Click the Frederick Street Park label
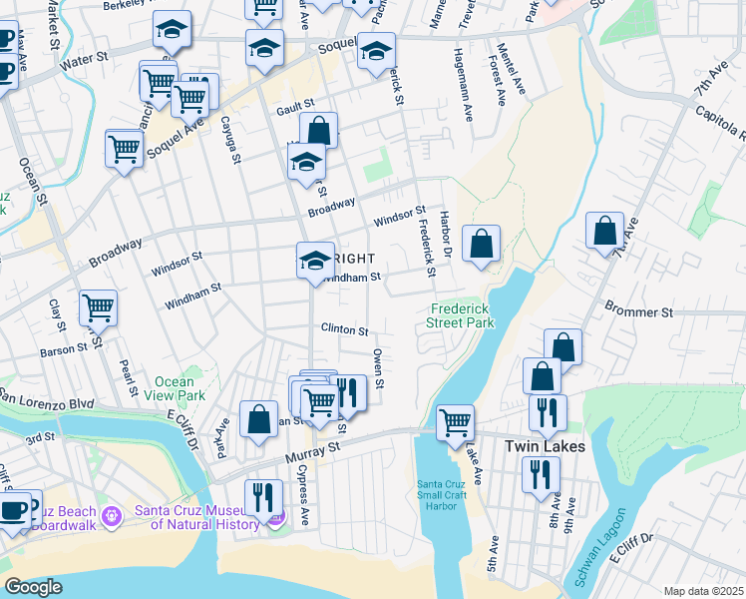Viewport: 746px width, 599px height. point(461,315)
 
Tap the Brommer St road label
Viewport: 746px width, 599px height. point(638,312)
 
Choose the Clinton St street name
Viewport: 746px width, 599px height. point(344,329)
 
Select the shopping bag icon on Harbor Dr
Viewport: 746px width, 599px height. point(481,244)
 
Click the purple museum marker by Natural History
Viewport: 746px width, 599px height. point(277,515)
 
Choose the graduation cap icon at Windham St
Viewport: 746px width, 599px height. point(315,260)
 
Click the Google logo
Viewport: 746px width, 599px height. point(33,587)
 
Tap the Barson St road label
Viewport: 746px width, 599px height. point(64,349)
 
